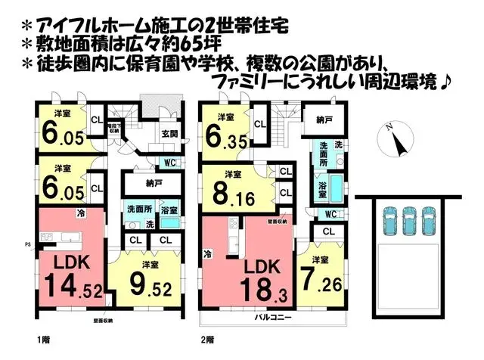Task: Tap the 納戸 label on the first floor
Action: [x=154, y=184]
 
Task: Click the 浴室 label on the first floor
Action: [x=169, y=209]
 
